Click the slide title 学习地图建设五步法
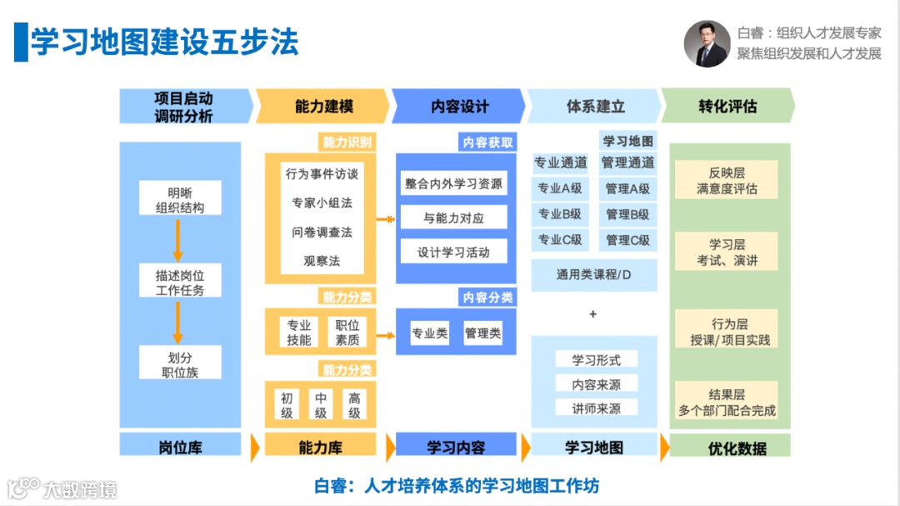coord(164,42)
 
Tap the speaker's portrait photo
coord(706,43)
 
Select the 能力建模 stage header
coord(323,107)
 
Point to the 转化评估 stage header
coord(727,107)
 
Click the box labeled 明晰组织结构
coord(180,199)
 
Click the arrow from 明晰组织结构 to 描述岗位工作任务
coord(177,239)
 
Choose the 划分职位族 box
coord(180,364)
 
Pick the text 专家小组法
coord(321,203)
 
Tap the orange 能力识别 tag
coord(347,142)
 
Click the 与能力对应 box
coord(453,218)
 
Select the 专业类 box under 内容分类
coord(429,333)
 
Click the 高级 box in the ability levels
coord(354,405)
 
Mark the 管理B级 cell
coord(627,214)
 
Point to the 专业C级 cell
coord(560,240)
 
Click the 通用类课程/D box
coord(593,274)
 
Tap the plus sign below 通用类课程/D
coord(593,314)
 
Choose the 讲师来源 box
coord(596,408)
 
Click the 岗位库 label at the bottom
coord(180,448)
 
